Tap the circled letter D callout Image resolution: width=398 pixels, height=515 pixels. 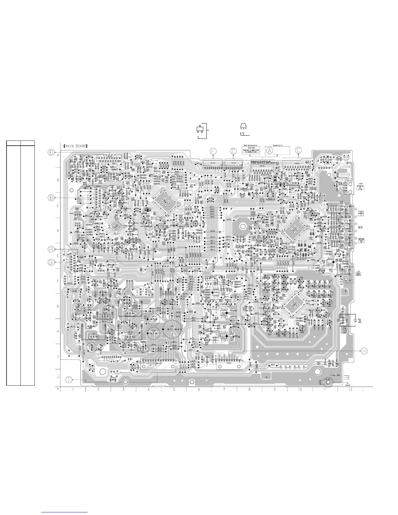[51, 152]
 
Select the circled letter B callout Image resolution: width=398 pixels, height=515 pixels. [51, 197]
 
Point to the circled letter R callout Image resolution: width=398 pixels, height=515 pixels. [51, 249]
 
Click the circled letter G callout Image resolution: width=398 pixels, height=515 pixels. [51, 262]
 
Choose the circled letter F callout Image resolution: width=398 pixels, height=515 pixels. [213, 151]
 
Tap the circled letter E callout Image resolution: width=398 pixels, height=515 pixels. [233, 151]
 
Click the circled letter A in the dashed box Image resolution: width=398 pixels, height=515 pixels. [270, 150]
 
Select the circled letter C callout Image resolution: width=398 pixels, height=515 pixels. [298, 150]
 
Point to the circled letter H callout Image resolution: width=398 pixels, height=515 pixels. [364, 350]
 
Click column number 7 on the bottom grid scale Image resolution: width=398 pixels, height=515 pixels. [224, 390]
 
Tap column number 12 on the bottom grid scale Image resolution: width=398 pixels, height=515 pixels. [350, 390]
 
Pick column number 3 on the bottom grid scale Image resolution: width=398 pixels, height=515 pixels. [123, 390]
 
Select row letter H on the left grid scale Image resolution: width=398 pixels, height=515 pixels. [58, 331]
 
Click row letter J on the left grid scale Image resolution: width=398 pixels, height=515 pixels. [58, 377]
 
